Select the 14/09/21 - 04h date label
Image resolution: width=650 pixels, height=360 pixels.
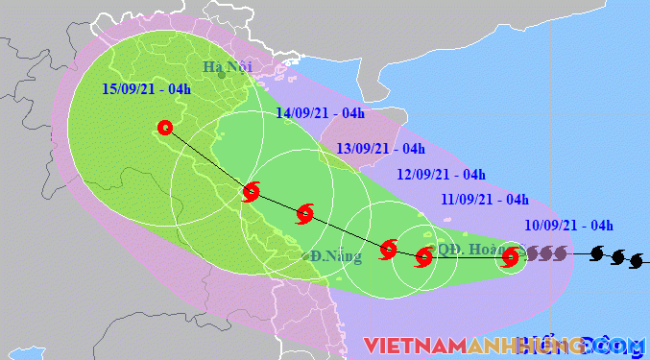pyautogui.click(x=319, y=113)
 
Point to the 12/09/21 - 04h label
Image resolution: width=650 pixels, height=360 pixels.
pyautogui.click(x=441, y=175)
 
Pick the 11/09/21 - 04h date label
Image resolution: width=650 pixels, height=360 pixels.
pyautogui.click(x=486, y=200)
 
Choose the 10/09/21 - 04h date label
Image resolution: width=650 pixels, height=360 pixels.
pyautogui.click(x=569, y=226)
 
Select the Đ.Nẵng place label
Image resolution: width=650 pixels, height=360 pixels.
pyautogui.click(x=329, y=256)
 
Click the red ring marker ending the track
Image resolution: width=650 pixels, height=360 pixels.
pyautogui.click(x=164, y=127)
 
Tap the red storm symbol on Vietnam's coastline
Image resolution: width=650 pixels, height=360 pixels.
pyautogui.click(x=251, y=191)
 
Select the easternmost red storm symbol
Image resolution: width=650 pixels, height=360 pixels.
pyautogui.click(x=511, y=256)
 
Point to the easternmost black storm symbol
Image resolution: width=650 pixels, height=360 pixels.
pyautogui.click(x=635, y=260)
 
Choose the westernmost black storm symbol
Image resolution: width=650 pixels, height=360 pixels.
pyautogui.click(x=596, y=254)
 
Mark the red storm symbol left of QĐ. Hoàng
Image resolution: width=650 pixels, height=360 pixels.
pyautogui.click(x=423, y=256)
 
